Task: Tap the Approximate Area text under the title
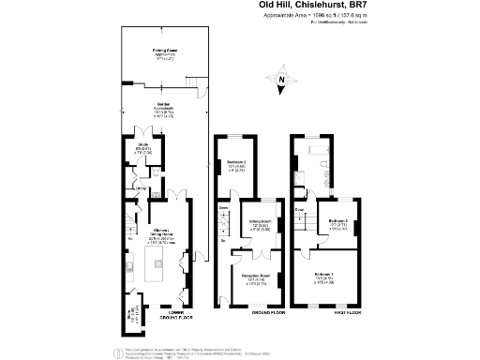point(315,16)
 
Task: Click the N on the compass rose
point(280,82)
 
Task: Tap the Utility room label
point(141,191)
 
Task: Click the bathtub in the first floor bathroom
point(316,152)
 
